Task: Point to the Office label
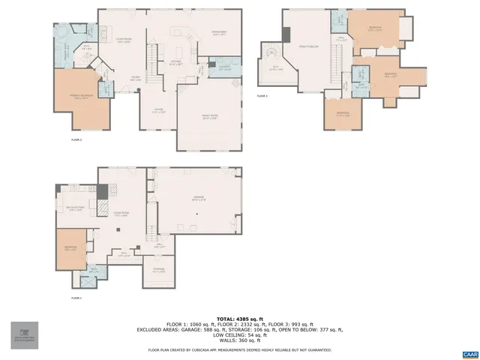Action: (159, 112)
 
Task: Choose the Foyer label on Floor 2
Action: (136, 77)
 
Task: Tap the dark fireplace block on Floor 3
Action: (286, 36)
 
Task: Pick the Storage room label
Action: (158, 271)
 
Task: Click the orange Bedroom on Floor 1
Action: (69, 250)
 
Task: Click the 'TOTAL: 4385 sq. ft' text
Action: (240, 318)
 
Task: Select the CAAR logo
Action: (469, 352)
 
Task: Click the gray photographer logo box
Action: (24, 335)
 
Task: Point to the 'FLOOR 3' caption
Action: (262, 96)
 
